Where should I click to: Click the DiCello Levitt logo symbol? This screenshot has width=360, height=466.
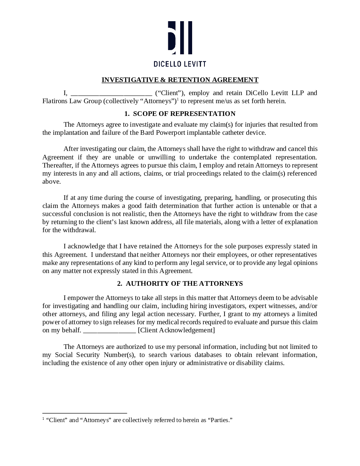pyautogui.click(x=180, y=37)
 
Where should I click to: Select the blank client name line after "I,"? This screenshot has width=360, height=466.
pyautogui.click(x=111, y=93)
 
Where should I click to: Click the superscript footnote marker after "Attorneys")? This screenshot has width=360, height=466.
pyautogui.click(x=177, y=99)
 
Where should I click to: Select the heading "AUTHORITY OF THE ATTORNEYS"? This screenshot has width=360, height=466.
pyautogui.click(x=184, y=283)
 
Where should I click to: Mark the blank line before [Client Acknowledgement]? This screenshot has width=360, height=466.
pyautogui.click(x=109, y=330)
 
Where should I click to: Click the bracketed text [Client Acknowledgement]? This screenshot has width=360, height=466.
pyautogui.click(x=176, y=330)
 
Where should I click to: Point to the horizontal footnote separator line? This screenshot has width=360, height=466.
pyautogui.click(x=85, y=413)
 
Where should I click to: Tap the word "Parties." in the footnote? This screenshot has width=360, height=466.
pyautogui.click(x=221, y=420)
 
